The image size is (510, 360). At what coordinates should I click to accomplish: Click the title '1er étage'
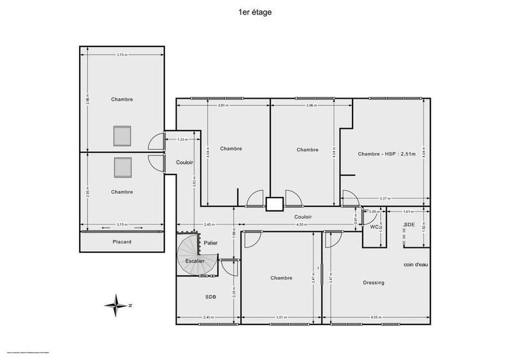255,12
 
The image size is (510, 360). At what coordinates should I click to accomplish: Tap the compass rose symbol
117,305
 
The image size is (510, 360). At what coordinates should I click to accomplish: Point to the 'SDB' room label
210,297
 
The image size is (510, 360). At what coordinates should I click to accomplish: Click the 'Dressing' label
373,282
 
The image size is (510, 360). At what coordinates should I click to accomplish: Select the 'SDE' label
409,225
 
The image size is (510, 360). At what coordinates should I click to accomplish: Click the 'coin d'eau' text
415,264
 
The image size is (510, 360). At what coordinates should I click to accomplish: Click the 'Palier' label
210,243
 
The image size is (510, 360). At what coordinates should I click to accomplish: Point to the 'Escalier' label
194,261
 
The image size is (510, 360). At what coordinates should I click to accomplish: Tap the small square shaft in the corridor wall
275,204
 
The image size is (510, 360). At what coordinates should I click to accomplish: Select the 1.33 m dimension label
182,139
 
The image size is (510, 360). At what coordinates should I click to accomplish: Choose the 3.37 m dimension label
384,198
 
